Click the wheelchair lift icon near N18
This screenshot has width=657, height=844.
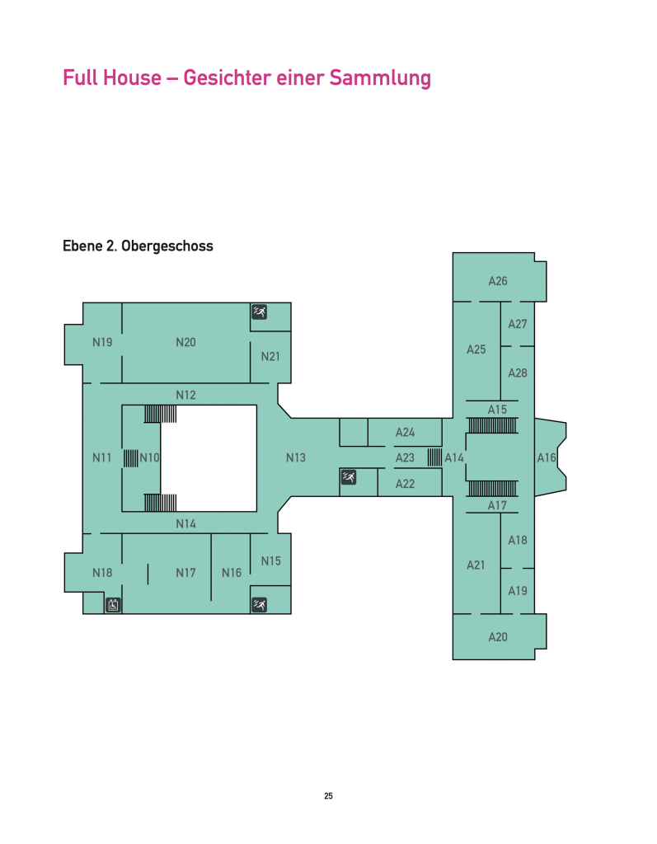coord(113,605)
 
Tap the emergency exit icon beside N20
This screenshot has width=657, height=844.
coord(260,312)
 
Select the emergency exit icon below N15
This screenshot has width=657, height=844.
coord(260,605)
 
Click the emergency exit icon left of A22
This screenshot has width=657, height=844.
coord(349,476)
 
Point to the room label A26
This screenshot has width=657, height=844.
coord(498,281)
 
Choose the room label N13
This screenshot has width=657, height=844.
coord(296,457)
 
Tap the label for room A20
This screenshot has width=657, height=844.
coord(498,637)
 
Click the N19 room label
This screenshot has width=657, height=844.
coord(102,342)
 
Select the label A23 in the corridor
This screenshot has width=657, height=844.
coord(405,457)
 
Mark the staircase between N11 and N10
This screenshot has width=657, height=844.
coord(131,458)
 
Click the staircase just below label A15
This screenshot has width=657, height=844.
coord(493,425)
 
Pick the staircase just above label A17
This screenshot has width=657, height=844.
coord(493,489)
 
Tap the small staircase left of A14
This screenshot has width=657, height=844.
coord(434,457)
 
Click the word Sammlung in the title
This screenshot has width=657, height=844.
coord(380,78)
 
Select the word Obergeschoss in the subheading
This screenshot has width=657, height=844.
coord(167,246)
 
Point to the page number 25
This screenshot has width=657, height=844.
coord(328,796)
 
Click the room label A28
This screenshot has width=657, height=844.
coord(518,373)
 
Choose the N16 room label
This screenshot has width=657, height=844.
coord(232,573)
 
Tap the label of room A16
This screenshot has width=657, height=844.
coord(547,457)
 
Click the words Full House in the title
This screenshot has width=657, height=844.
coord(112,77)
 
